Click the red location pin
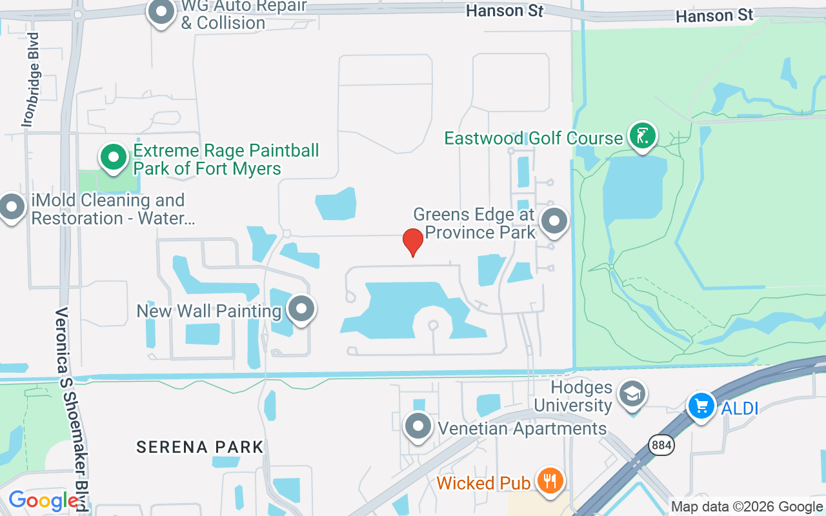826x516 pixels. click(x=413, y=242)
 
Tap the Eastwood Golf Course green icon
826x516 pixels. click(x=642, y=136)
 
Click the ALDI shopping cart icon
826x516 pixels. click(x=701, y=406)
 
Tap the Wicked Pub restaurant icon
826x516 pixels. click(x=550, y=481)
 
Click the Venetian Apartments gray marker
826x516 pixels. click(x=418, y=426)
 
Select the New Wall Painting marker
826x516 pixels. click(x=301, y=310)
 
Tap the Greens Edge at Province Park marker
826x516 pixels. click(x=554, y=221)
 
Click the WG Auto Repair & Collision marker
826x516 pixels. click(x=161, y=12)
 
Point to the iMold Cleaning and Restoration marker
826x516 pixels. click(x=12, y=207)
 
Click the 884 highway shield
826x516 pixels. click(x=661, y=445)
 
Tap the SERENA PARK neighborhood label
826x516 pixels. click(x=200, y=447)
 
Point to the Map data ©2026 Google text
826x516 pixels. click(x=747, y=507)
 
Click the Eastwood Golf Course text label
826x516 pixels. click(x=534, y=138)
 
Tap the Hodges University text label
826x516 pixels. click(x=573, y=396)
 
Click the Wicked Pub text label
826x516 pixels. click(x=483, y=483)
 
